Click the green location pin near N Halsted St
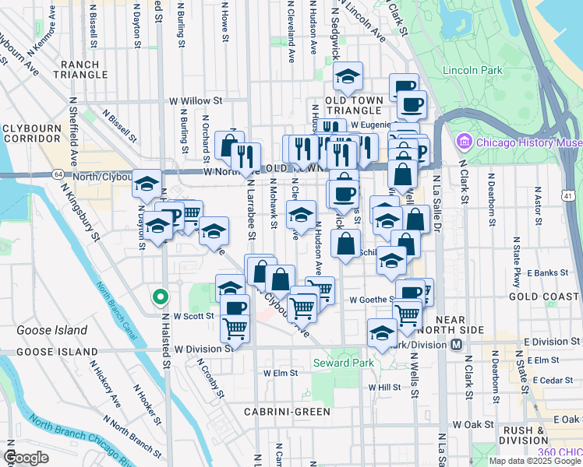pos(160,297)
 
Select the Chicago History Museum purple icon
pos(465,142)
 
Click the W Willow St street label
pos(196,101)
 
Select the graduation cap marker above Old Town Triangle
pos(348,76)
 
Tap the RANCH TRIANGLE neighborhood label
pos(81,69)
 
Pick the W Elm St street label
pos(281,373)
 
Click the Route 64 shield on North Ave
pos(59,174)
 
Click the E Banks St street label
pos(545,273)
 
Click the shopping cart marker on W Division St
pos(235,328)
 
